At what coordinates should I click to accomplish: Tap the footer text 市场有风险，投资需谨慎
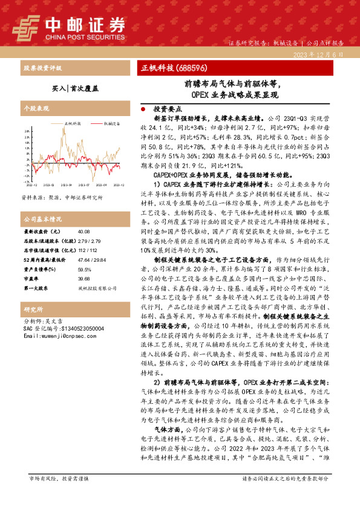click(x=59, y=495)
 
